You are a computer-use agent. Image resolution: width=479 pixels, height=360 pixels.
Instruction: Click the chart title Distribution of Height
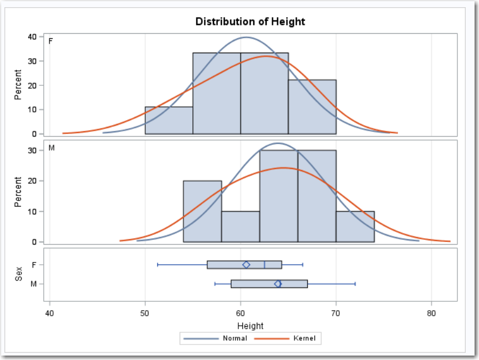pyautogui.click(x=250, y=22)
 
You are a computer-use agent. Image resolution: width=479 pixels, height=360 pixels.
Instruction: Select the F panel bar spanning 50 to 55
pyautogui.click(x=169, y=121)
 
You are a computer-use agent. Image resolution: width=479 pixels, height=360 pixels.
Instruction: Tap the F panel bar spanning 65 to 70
pyautogui.click(x=312, y=107)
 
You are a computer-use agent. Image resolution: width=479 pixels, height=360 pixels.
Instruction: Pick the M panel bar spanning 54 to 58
pyautogui.click(x=202, y=212)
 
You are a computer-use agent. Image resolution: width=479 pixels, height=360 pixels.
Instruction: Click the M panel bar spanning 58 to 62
pyautogui.click(x=241, y=227)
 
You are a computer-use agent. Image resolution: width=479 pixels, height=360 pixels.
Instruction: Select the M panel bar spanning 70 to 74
pyautogui.click(x=355, y=227)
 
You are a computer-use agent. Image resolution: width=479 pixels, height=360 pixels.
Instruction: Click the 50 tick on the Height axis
pyautogui.click(x=145, y=312)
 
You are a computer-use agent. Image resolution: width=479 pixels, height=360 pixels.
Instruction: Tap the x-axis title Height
pyautogui.click(x=250, y=326)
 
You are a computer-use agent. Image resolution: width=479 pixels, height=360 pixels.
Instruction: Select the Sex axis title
pyautogui.click(x=19, y=274)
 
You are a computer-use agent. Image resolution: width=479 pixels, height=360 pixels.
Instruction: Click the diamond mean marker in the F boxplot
pyautogui.click(x=246, y=265)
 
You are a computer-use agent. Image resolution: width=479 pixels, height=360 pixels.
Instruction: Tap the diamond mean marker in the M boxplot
pyautogui.click(x=278, y=284)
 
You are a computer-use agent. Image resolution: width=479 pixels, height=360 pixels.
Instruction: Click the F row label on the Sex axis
pyautogui.click(x=34, y=265)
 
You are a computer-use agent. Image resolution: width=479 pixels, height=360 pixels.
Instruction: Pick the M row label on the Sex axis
pyautogui.click(x=34, y=284)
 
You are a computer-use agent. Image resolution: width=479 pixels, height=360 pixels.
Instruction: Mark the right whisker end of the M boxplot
pyautogui.click(x=355, y=284)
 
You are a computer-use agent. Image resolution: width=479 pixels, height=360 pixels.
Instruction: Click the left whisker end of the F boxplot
pyautogui.click(x=157, y=265)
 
